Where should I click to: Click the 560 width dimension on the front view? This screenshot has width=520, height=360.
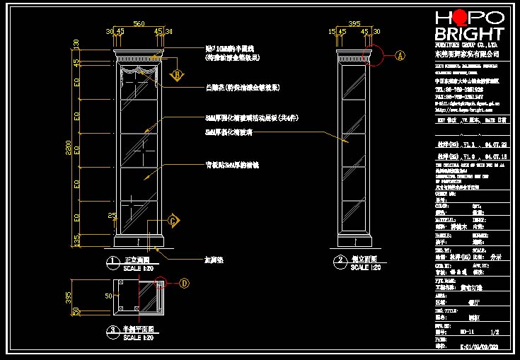[x=139, y=24]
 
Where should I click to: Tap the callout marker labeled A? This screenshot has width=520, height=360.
[x=400, y=54]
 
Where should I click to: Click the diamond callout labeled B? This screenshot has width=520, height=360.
[x=178, y=74]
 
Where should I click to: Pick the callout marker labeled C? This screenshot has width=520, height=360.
[x=174, y=221]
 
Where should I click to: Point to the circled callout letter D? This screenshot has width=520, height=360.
[x=185, y=284]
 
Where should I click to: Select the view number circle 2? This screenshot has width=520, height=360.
[x=341, y=261]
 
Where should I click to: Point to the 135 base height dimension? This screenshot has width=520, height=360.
[x=76, y=241]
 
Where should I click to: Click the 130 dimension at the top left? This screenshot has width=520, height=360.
[x=76, y=44]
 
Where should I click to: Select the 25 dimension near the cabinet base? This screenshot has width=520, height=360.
[x=111, y=215]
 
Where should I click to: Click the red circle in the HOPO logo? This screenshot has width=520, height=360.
[x=461, y=18]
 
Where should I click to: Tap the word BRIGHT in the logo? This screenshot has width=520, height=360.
[x=469, y=34]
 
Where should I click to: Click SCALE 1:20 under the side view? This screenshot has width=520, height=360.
[x=366, y=267]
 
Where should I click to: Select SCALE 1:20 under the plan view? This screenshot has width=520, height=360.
[x=139, y=337]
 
